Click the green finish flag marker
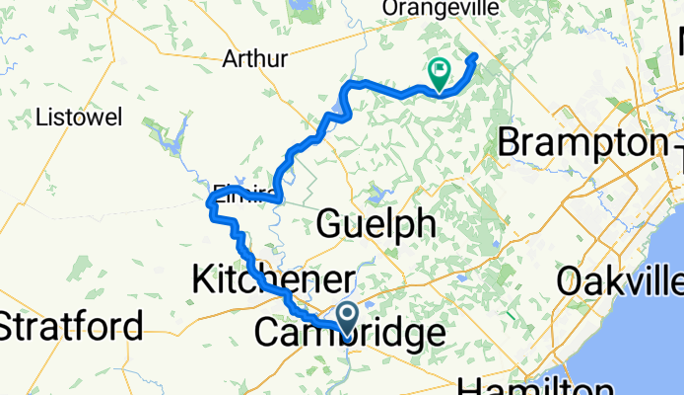[439, 71]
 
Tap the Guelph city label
[375, 224]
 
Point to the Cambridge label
[349, 334]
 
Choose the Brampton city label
[581, 143]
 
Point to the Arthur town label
[257, 59]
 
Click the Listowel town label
[78, 118]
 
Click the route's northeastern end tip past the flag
[475, 55]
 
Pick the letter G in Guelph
[329, 224]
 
